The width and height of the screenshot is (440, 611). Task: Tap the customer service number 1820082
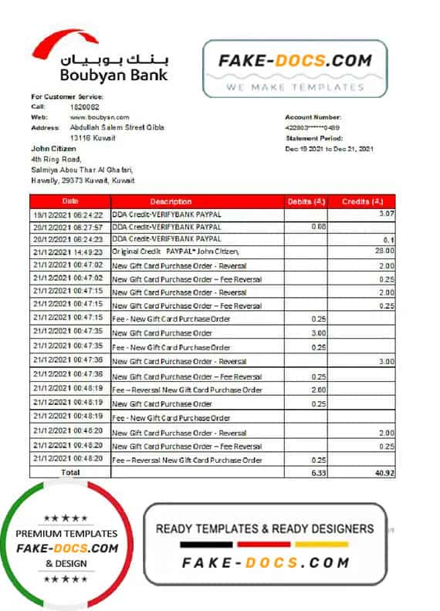tap(84, 106)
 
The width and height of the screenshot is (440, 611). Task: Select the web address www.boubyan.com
tap(95, 117)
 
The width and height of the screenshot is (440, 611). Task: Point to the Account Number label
tap(313, 117)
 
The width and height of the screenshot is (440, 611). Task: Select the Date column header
tap(70, 201)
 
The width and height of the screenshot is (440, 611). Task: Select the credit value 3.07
tap(387, 213)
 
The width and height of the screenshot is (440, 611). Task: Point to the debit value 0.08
tap(318, 226)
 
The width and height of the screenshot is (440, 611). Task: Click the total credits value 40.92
tap(381, 471)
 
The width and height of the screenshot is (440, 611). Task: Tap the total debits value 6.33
tap(316, 471)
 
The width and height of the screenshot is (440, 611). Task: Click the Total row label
tap(70, 471)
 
